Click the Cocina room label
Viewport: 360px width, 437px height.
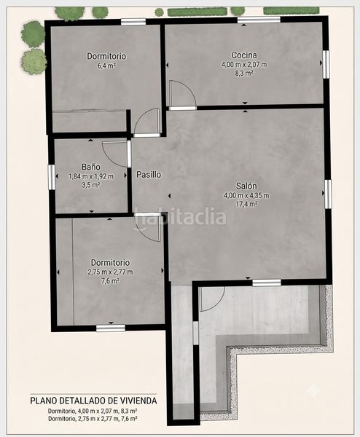point(244,55)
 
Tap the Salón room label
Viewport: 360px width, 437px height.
point(246,186)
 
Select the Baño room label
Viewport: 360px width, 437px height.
point(91,167)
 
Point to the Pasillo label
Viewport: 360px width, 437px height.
point(149,175)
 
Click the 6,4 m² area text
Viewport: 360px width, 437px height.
point(106,66)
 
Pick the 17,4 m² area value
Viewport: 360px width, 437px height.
point(246,204)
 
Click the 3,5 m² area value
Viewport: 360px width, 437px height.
point(91,185)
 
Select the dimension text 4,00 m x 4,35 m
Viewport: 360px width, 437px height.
point(246,195)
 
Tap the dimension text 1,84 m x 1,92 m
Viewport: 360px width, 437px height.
point(91,176)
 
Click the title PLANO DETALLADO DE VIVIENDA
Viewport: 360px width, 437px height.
point(93,401)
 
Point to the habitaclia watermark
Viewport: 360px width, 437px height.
point(181,218)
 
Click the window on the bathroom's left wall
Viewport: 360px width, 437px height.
point(52,177)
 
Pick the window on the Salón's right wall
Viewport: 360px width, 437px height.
point(328,194)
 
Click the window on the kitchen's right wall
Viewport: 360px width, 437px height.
point(326,65)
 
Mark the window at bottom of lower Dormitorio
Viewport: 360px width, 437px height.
point(111,328)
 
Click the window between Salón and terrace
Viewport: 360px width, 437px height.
point(267,283)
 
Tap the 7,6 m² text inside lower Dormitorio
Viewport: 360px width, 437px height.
point(110,280)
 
